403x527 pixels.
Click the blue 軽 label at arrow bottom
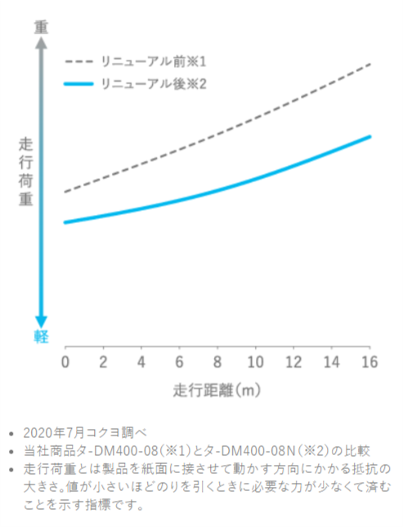[x=40, y=336]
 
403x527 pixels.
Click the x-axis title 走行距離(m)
[x=217, y=390]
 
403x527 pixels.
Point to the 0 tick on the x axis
[x=65, y=361]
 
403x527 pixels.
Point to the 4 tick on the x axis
[x=141, y=361]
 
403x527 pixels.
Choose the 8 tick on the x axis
[x=218, y=361]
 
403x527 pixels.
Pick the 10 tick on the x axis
[x=257, y=361]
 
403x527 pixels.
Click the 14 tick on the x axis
[x=333, y=361]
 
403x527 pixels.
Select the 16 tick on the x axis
[x=371, y=361]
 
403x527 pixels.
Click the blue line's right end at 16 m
[x=370, y=136]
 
